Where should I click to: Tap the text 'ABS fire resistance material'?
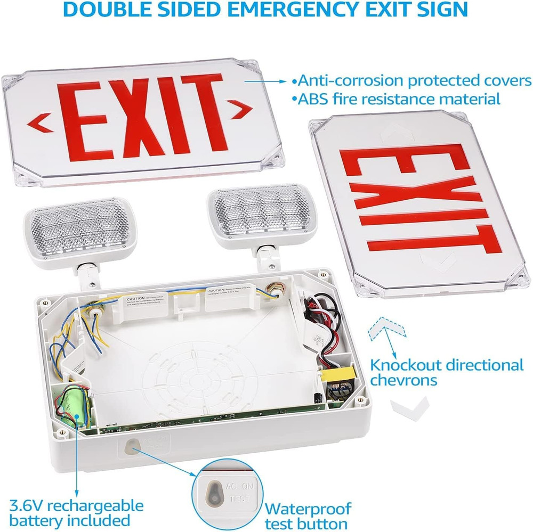coord(397,99)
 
